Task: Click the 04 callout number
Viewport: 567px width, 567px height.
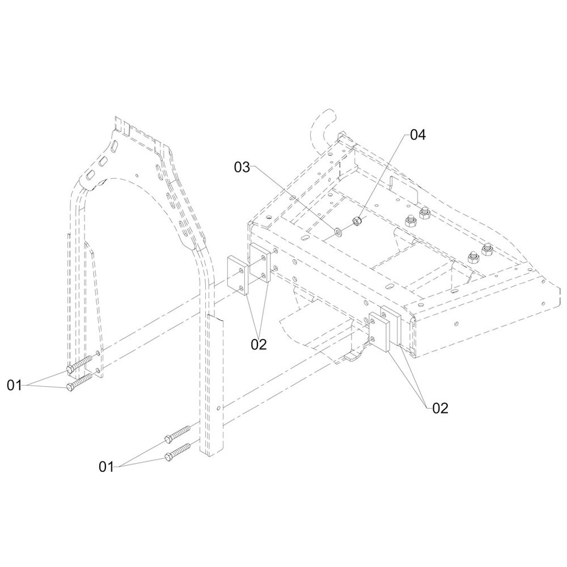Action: click(x=417, y=135)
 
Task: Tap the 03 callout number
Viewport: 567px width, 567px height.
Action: click(x=242, y=167)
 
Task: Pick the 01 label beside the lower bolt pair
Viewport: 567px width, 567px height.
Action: click(x=107, y=467)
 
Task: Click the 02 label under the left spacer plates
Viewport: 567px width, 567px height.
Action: click(x=259, y=344)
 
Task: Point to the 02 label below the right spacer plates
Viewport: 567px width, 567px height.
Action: click(x=440, y=408)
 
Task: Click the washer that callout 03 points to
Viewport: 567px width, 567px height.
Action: click(x=338, y=231)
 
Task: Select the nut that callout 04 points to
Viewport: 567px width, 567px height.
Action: click(x=357, y=221)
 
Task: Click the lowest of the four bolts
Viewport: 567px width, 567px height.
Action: click(x=177, y=452)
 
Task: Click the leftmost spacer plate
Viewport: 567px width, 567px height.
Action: click(x=238, y=274)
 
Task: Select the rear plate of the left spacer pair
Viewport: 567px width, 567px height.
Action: click(x=261, y=264)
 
